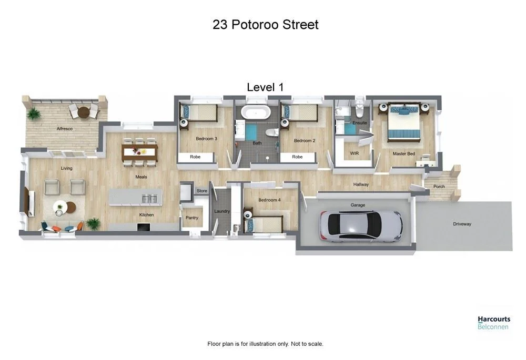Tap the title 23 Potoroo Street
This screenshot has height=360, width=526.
coord(265,25)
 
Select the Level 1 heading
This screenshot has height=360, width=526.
coord(265,87)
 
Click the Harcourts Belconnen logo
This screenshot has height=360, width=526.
coord(493,323)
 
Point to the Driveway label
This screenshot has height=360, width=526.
coord(462,224)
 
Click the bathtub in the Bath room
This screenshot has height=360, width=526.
coord(256,112)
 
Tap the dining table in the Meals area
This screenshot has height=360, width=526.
coord(139,152)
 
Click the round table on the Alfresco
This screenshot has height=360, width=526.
coord(84,111)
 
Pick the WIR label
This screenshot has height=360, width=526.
coord(354,153)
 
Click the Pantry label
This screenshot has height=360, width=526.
coord(191,218)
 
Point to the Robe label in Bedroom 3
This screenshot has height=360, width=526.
coord(195,157)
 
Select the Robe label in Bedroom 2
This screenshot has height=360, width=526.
coord(297,157)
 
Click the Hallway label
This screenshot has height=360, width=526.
coord(361,184)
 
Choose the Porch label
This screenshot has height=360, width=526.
coord(439,187)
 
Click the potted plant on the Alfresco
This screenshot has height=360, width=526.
coord(34,113)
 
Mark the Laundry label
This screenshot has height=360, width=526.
coord(222,211)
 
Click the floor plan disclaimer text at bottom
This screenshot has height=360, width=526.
coord(265,344)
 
